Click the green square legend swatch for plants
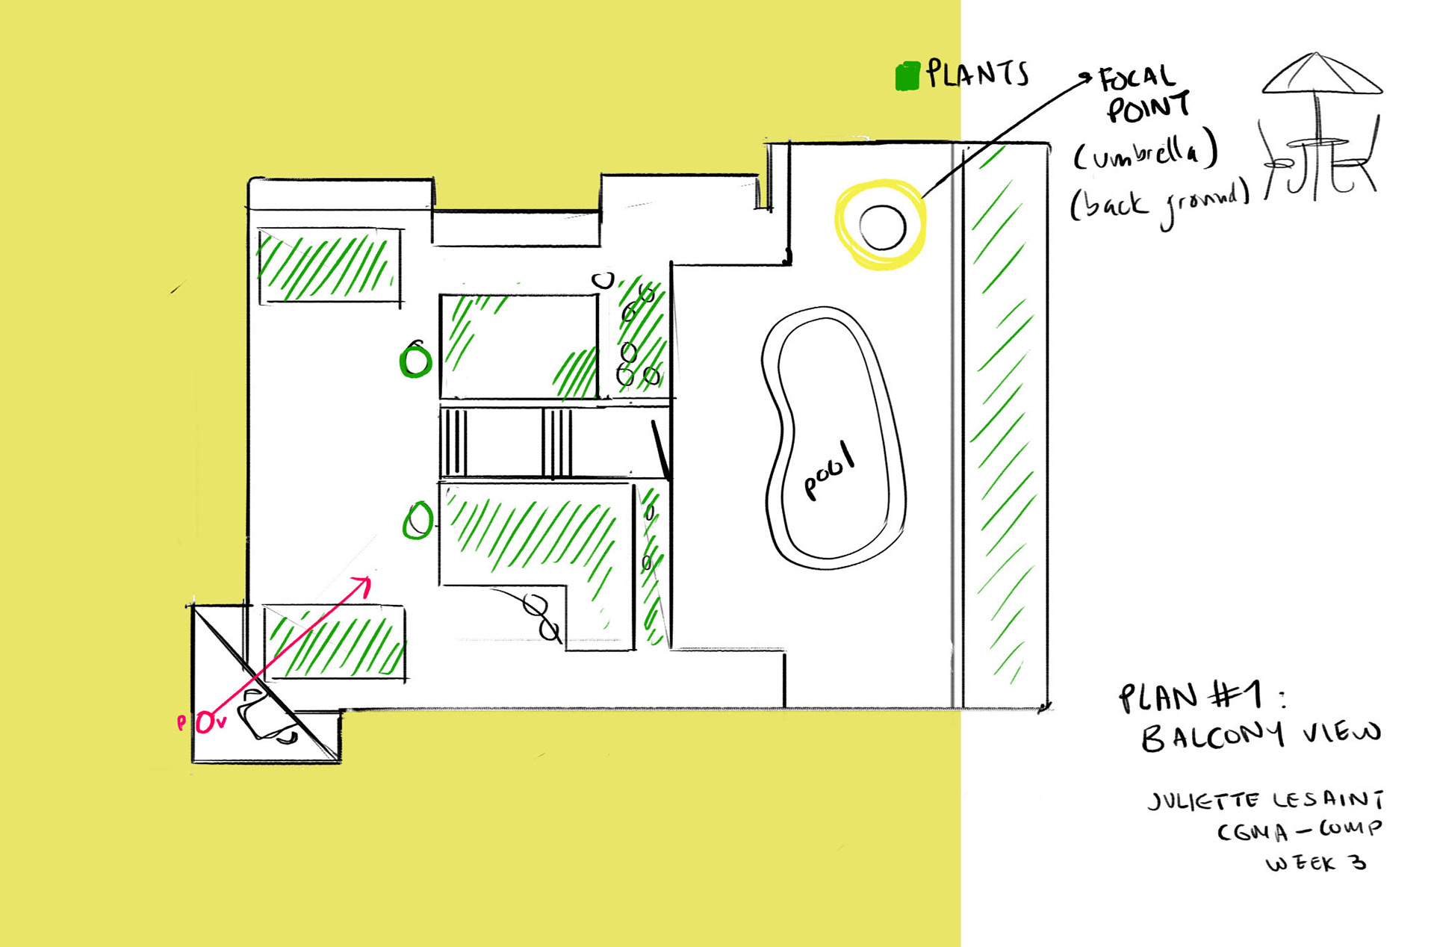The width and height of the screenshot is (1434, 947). pos(907,76)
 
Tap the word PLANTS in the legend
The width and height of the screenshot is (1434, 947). pos(977,73)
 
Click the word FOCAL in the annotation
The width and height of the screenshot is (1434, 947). pos(1137,78)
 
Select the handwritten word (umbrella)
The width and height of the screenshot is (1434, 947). pos(1146,153)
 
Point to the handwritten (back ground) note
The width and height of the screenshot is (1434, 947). pos(1159,202)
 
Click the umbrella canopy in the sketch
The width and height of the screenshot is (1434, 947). pos(1320,75)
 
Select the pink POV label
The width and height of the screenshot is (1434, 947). pos(202,722)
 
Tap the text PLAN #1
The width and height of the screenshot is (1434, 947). pos(1191,697)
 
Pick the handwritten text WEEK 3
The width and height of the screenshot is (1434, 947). pos(1316,863)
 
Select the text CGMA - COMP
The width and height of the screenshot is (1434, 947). pos(1299,830)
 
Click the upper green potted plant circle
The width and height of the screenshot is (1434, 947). pos(415,361)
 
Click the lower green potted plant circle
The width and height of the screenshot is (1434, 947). pos(418,521)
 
